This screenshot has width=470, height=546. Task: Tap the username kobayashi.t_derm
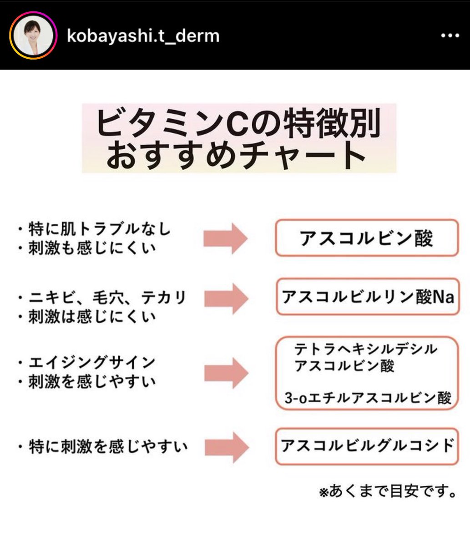point(143,36)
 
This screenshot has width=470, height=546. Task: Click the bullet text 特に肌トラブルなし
point(99,228)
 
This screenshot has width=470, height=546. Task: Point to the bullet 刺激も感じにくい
point(92,248)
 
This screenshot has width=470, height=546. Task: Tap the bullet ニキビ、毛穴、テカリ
point(107,298)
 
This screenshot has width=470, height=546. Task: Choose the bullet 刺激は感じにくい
point(92,317)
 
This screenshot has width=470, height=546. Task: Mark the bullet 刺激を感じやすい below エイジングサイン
point(92,382)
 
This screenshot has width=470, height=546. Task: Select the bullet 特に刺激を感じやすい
point(108,446)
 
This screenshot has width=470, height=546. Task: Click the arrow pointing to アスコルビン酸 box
point(226,238)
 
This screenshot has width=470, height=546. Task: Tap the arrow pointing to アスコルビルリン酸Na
point(226,298)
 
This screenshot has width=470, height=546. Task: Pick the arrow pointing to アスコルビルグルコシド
point(226,446)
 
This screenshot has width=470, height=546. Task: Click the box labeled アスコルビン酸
point(366,238)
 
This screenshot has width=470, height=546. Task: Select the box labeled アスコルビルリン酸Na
point(367,298)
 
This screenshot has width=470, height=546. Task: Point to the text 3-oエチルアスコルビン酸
point(368,398)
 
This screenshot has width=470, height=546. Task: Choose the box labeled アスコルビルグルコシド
point(367,445)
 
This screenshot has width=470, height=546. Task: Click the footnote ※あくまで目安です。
point(388,492)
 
